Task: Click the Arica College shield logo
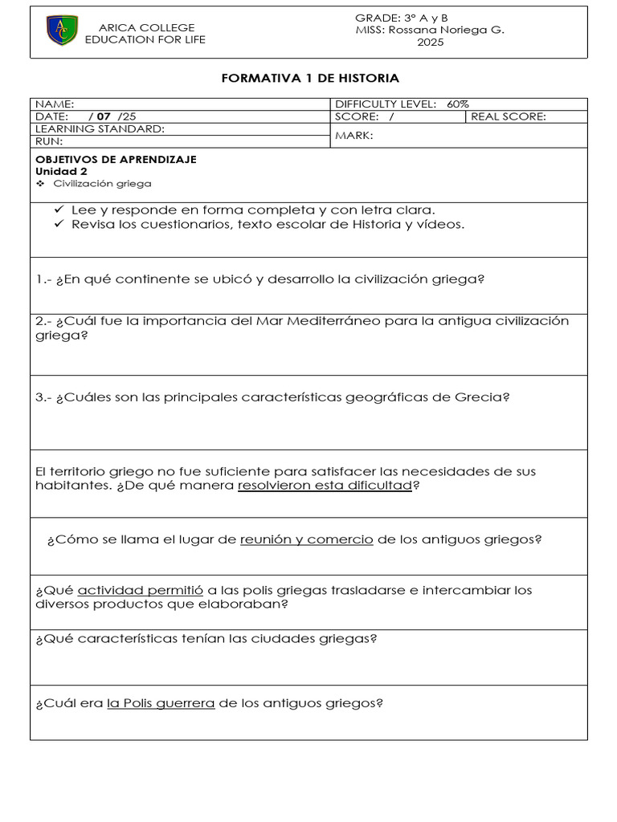(62, 31)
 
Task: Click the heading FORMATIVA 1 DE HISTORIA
(309, 78)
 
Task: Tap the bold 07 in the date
(104, 116)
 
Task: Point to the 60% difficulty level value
(458, 104)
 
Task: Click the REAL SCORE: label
(508, 116)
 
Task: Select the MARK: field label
(353, 136)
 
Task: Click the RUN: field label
(49, 141)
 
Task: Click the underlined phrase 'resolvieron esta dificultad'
(325, 486)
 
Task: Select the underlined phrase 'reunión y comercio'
(306, 539)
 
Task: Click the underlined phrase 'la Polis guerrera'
(161, 703)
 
